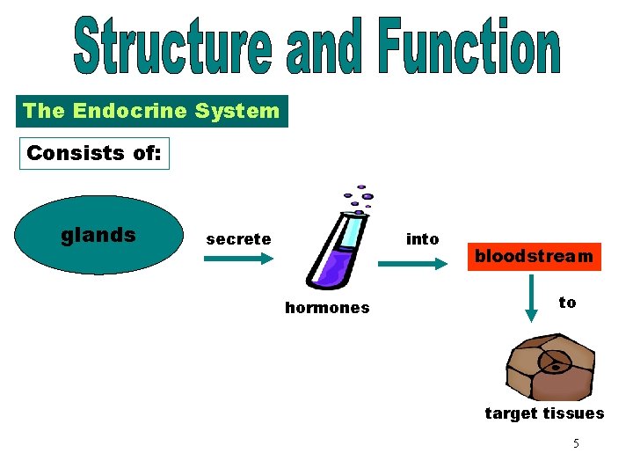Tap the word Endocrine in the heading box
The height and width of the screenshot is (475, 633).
point(130,112)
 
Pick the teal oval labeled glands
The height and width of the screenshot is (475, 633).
point(98,235)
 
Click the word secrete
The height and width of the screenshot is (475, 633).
point(238,239)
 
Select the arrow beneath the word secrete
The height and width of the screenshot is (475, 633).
point(239,259)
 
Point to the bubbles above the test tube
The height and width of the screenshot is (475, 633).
point(359,198)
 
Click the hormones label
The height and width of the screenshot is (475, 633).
point(327,308)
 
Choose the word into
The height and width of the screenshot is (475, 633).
point(422,239)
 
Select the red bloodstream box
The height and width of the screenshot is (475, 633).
point(534,257)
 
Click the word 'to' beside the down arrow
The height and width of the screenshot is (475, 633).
point(567,303)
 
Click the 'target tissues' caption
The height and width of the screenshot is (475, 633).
point(544,413)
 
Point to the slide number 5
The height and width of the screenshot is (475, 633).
point(576,443)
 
